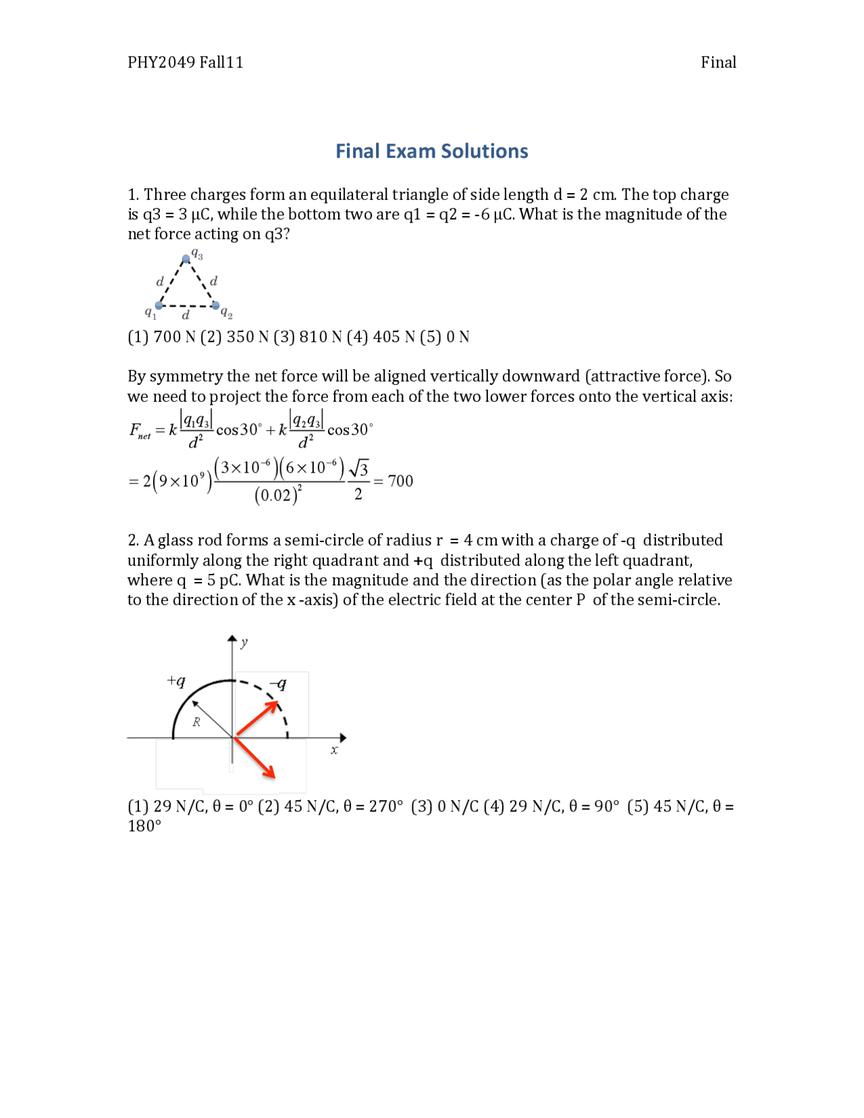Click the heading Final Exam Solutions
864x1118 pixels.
[431, 151]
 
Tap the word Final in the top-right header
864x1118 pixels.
[718, 62]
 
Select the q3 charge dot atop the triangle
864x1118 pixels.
[186, 259]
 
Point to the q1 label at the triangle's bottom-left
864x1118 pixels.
[150, 312]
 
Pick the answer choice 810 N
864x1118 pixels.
[320, 336]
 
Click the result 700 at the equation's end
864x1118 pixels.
[400, 481]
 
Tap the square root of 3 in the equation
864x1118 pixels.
[359, 468]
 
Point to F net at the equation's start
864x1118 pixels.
[140, 431]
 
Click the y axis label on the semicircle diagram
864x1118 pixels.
[244, 643]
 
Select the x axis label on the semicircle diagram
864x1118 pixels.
[334, 750]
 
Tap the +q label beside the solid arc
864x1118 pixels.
[176, 681]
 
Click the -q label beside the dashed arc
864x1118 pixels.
[278, 684]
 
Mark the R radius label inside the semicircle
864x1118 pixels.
[196, 722]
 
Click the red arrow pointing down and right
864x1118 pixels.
[255, 758]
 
